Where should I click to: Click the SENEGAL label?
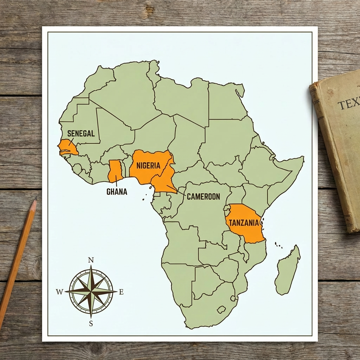pos(81,134)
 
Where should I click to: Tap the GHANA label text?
pos(117,192)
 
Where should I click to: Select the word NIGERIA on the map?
pos(148,165)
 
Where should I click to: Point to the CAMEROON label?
pos(203,197)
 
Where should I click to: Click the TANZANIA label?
pos(244,223)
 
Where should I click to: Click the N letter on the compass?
pos(91,260)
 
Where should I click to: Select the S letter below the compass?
pos(91,324)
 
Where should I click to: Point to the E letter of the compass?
pos(121,292)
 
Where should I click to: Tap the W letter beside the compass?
pos(59,292)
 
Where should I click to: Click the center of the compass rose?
pos(91,291)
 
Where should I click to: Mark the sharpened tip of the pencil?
pos(35,199)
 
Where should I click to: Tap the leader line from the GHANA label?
pos(116,181)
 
